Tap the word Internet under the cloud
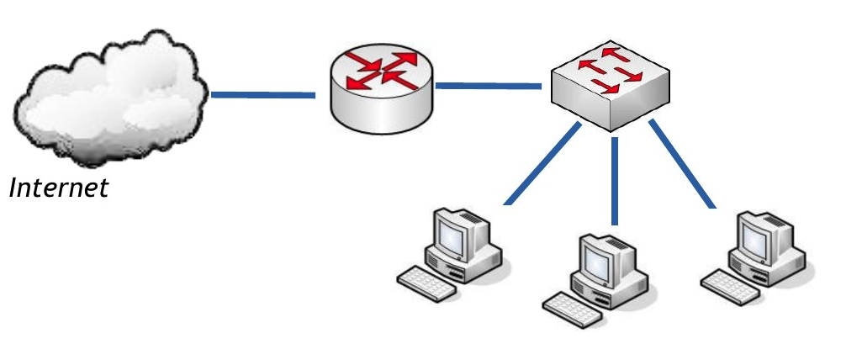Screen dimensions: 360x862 click(59, 188)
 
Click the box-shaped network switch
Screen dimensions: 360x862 click(611, 88)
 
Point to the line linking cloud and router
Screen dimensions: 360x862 click(262, 95)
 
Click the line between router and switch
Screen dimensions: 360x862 click(488, 85)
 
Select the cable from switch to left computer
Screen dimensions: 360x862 click(543, 165)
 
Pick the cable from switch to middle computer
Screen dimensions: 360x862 click(616, 181)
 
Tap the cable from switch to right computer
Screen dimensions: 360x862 click(683, 165)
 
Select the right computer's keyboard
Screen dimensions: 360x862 click(730, 283)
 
